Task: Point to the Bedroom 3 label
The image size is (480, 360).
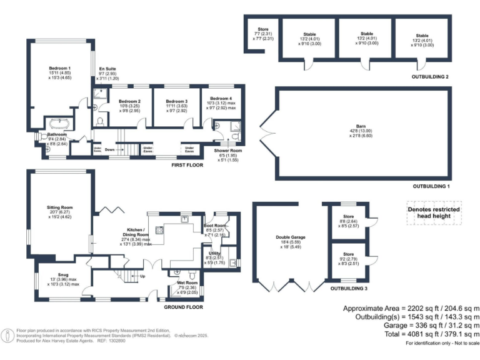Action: pos(177,101)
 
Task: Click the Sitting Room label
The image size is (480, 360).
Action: pos(60,207)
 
